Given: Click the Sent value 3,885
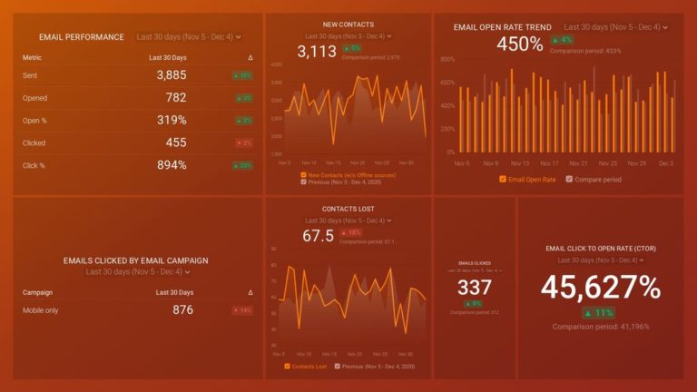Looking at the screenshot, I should (171, 75).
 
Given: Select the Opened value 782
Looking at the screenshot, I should (176, 98).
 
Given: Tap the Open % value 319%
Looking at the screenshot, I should (172, 120).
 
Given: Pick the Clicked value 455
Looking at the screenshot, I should (176, 142).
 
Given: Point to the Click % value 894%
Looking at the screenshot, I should (171, 165).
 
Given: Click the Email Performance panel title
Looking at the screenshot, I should (82, 37).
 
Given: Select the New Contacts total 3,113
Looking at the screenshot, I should (317, 52).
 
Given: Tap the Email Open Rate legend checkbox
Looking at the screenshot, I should (503, 179).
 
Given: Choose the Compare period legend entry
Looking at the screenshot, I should (594, 179).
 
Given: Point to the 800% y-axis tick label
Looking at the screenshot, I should (447, 59).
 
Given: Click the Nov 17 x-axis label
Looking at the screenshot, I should (549, 163).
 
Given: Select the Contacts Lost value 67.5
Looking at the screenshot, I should (318, 236).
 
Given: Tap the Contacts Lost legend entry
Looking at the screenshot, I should (305, 367).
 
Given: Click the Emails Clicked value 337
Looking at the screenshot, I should (475, 288).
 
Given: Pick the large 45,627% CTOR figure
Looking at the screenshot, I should (600, 287).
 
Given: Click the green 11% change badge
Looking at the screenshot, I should (600, 312).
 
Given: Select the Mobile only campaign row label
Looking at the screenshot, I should (42, 310).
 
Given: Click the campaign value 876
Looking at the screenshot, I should (182, 310).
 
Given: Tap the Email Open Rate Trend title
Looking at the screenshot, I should (502, 27).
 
